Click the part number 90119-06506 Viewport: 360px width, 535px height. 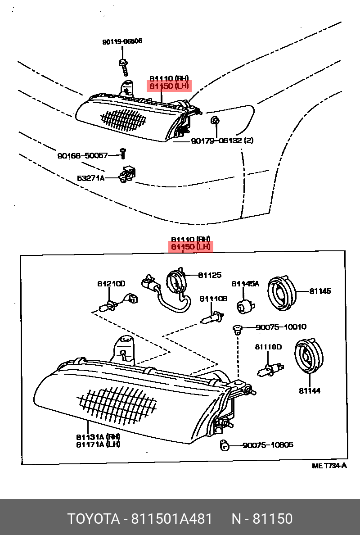click(122, 41)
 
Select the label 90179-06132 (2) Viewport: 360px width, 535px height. click(222, 141)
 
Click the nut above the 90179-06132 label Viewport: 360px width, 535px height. click(215, 120)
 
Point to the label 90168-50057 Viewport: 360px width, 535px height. click(82, 155)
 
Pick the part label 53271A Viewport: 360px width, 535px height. click(90, 178)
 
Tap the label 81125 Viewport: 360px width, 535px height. click(210, 275)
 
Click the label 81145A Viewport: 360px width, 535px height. click(245, 284)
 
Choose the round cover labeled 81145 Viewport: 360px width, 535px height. click(281, 293)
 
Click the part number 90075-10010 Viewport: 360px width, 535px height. click(281, 327)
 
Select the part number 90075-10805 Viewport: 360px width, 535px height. click(268, 445)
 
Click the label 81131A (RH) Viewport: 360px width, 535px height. click(98, 436)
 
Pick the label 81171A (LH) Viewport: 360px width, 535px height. click(98, 444)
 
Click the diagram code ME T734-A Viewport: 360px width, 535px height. click(329, 466)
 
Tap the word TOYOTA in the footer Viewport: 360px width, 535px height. click(92, 519)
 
